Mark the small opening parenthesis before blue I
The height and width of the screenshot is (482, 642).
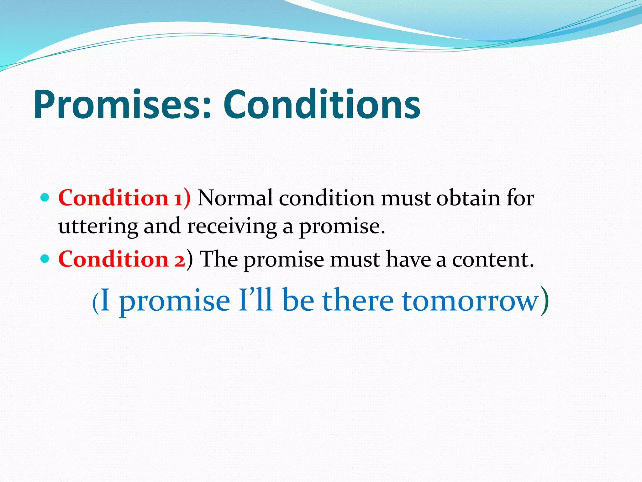coord(95,303)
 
